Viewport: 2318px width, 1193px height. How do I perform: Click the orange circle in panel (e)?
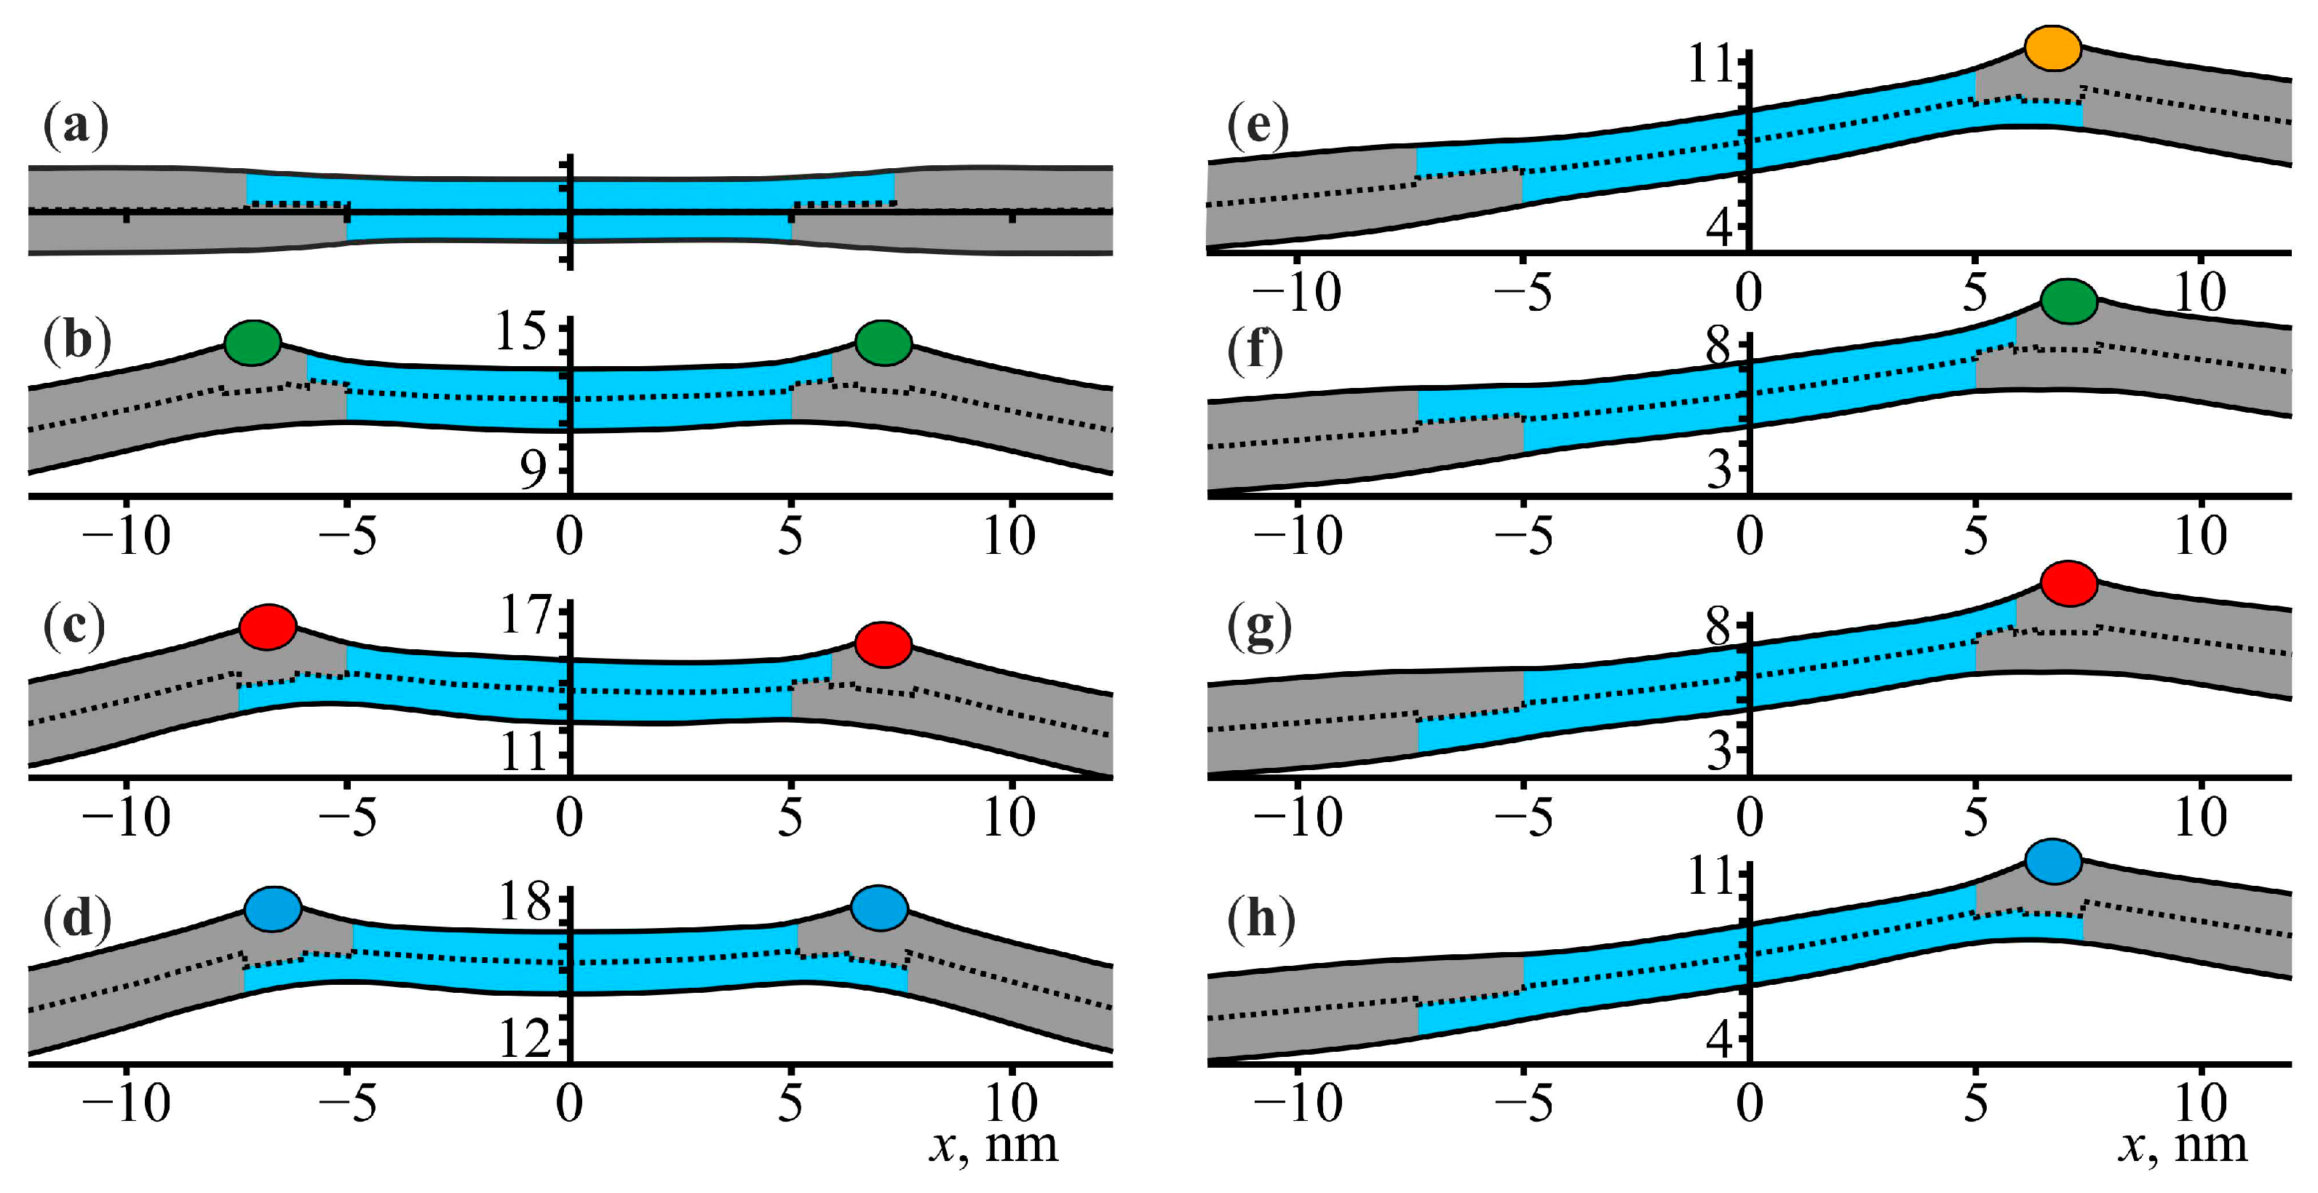tap(2052, 48)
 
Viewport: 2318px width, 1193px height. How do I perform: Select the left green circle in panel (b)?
tap(253, 343)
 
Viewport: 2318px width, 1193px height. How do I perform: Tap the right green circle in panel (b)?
tap(884, 343)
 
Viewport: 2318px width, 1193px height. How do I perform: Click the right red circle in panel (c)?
tap(884, 644)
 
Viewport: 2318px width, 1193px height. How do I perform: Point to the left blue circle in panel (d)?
tap(273, 908)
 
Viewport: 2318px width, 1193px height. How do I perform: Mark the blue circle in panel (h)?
tap(2053, 861)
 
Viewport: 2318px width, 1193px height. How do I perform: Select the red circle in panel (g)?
tap(2070, 583)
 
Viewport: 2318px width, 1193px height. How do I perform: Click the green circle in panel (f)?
tap(2070, 301)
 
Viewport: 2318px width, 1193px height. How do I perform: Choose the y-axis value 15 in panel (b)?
tap(521, 331)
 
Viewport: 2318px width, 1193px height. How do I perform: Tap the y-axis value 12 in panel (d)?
tap(525, 1039)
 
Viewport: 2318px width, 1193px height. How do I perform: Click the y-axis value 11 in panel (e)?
tap(1710, 65)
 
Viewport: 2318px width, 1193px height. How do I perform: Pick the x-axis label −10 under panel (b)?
tap(125, 537)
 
